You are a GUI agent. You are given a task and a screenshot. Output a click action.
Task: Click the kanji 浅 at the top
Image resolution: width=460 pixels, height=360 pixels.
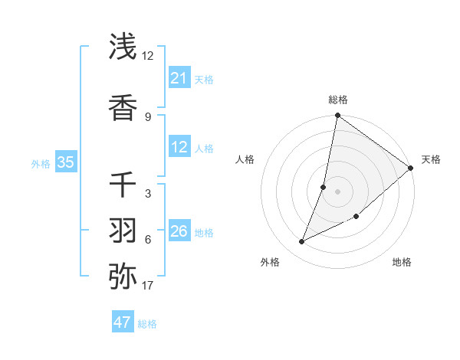click(123, 47)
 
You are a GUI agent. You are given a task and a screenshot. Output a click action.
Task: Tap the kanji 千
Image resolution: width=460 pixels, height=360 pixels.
click(123, 185)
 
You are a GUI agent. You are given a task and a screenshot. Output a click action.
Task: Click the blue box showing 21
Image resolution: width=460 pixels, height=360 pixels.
click(179, 78)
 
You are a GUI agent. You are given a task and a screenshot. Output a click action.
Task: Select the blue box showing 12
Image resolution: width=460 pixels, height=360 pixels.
click(179, 147)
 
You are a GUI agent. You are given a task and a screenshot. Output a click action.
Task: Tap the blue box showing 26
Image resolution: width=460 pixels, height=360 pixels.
click(179, 231)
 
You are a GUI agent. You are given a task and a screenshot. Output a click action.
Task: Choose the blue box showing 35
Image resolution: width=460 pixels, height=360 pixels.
click(65, 162)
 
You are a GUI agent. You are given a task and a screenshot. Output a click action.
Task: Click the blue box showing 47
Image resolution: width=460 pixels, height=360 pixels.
click(122, 322)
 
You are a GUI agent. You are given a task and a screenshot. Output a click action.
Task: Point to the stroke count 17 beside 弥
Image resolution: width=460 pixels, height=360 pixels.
click(148, 286)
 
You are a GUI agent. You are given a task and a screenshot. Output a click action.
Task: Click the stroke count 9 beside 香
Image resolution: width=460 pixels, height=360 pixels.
click(148, 116)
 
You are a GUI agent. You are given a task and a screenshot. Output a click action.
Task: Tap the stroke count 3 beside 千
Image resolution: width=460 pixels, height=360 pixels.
click(148, 194)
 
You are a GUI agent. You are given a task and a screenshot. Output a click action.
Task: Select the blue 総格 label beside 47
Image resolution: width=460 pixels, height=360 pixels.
click(147, 324)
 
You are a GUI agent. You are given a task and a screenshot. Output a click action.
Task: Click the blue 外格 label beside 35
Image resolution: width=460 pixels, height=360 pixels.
click(41, 163)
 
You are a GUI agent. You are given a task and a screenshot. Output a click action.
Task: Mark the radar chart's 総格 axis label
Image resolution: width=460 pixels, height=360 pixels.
click(337, 100)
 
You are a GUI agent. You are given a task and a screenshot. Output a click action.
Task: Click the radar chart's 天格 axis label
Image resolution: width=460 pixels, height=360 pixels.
click(431, 159)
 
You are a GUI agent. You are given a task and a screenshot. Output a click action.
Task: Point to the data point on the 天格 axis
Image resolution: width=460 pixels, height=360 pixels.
click(411, 168)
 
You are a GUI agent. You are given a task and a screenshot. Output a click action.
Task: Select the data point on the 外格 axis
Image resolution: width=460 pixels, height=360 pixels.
click(302, 241)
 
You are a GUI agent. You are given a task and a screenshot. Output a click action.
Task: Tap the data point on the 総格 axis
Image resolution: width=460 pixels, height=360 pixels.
click(337, 116)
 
